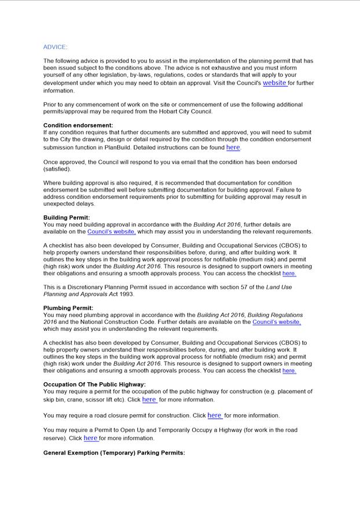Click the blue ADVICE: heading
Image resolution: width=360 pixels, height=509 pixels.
coord(55,47)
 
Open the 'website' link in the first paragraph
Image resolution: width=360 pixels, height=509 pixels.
coord(274,83)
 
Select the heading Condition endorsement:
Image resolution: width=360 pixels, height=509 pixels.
coord(78,126)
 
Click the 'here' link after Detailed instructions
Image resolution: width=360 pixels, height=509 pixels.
coord(233,147)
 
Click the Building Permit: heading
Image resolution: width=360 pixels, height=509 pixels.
coord(67,218)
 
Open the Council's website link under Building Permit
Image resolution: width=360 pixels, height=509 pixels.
coord(111,232)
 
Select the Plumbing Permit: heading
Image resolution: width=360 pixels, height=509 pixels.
coord(68,308)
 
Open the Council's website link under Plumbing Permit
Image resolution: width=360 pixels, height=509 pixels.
coord(276,322)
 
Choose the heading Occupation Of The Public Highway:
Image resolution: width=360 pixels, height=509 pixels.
coord(94,385)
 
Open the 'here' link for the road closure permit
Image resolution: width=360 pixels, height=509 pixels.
coord(214,415)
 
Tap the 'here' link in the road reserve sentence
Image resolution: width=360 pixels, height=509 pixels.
coord(90,438)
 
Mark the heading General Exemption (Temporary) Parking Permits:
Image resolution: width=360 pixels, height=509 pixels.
coord(114,453)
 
